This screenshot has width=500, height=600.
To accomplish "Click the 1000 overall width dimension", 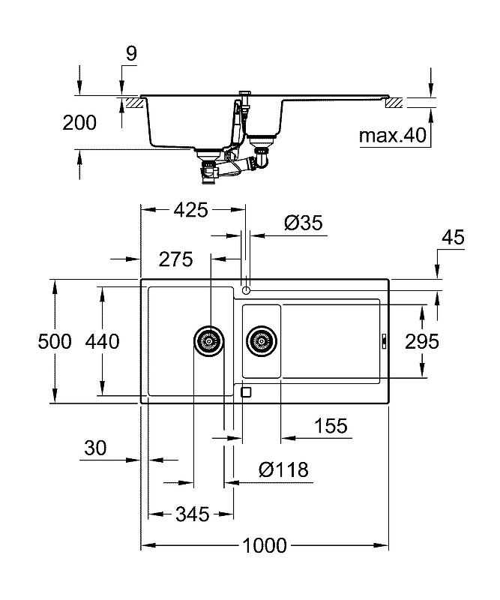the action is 265,546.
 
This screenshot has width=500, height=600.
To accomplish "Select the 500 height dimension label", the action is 55,341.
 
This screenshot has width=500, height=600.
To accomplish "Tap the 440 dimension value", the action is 102,341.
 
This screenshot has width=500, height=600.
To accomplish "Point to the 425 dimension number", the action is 191,210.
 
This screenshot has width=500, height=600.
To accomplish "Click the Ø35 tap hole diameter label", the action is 304,223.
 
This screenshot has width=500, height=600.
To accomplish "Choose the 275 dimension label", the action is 175,259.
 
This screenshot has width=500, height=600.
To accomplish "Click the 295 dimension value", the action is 422,342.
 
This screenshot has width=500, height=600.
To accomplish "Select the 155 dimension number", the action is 331,426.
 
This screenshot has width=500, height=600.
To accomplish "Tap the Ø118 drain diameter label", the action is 283,469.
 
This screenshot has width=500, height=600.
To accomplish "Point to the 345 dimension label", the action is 193,514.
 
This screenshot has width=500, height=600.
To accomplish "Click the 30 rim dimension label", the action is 95,448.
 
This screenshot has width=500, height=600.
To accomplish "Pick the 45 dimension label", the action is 453,238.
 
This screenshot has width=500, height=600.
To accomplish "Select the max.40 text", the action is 393,136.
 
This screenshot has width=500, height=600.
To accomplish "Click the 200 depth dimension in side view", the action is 79,123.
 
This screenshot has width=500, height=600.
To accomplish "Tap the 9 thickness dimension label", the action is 131,54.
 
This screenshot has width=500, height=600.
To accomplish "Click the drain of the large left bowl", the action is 209,341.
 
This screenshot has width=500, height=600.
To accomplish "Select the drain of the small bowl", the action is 262,341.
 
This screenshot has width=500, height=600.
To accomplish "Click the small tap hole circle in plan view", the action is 246,291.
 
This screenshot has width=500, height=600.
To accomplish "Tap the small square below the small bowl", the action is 246,392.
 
